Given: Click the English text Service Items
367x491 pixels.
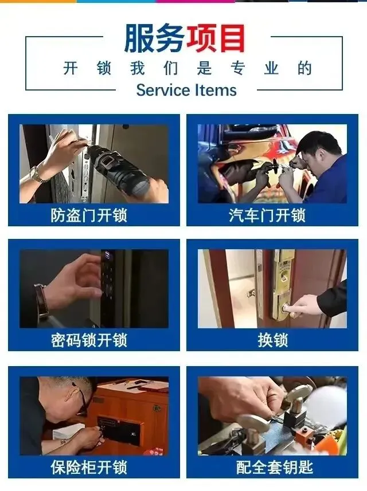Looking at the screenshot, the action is tap(186, 90).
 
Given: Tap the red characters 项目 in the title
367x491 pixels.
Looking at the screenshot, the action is tap(216, 39).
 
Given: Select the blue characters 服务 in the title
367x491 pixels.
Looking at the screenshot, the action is tap(154, 39).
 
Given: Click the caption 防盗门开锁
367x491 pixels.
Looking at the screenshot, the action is tap(89, 215).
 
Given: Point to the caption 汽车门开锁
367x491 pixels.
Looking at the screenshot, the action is tap(267, 215).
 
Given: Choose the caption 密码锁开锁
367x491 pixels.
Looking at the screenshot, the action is tap(89, 340).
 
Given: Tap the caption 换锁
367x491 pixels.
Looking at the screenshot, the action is tap(272, 340).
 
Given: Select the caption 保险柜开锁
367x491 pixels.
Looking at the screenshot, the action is tap(89, 467).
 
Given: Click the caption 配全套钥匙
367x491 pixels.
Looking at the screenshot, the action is tap(275, 467).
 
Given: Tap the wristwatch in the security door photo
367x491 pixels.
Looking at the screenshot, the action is tap(37, 175).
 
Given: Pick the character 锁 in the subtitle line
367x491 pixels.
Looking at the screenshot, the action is tap(104, 68).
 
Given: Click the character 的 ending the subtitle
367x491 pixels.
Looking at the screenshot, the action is tap(304, 68).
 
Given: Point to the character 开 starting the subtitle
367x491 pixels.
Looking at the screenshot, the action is tap(70, 68).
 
